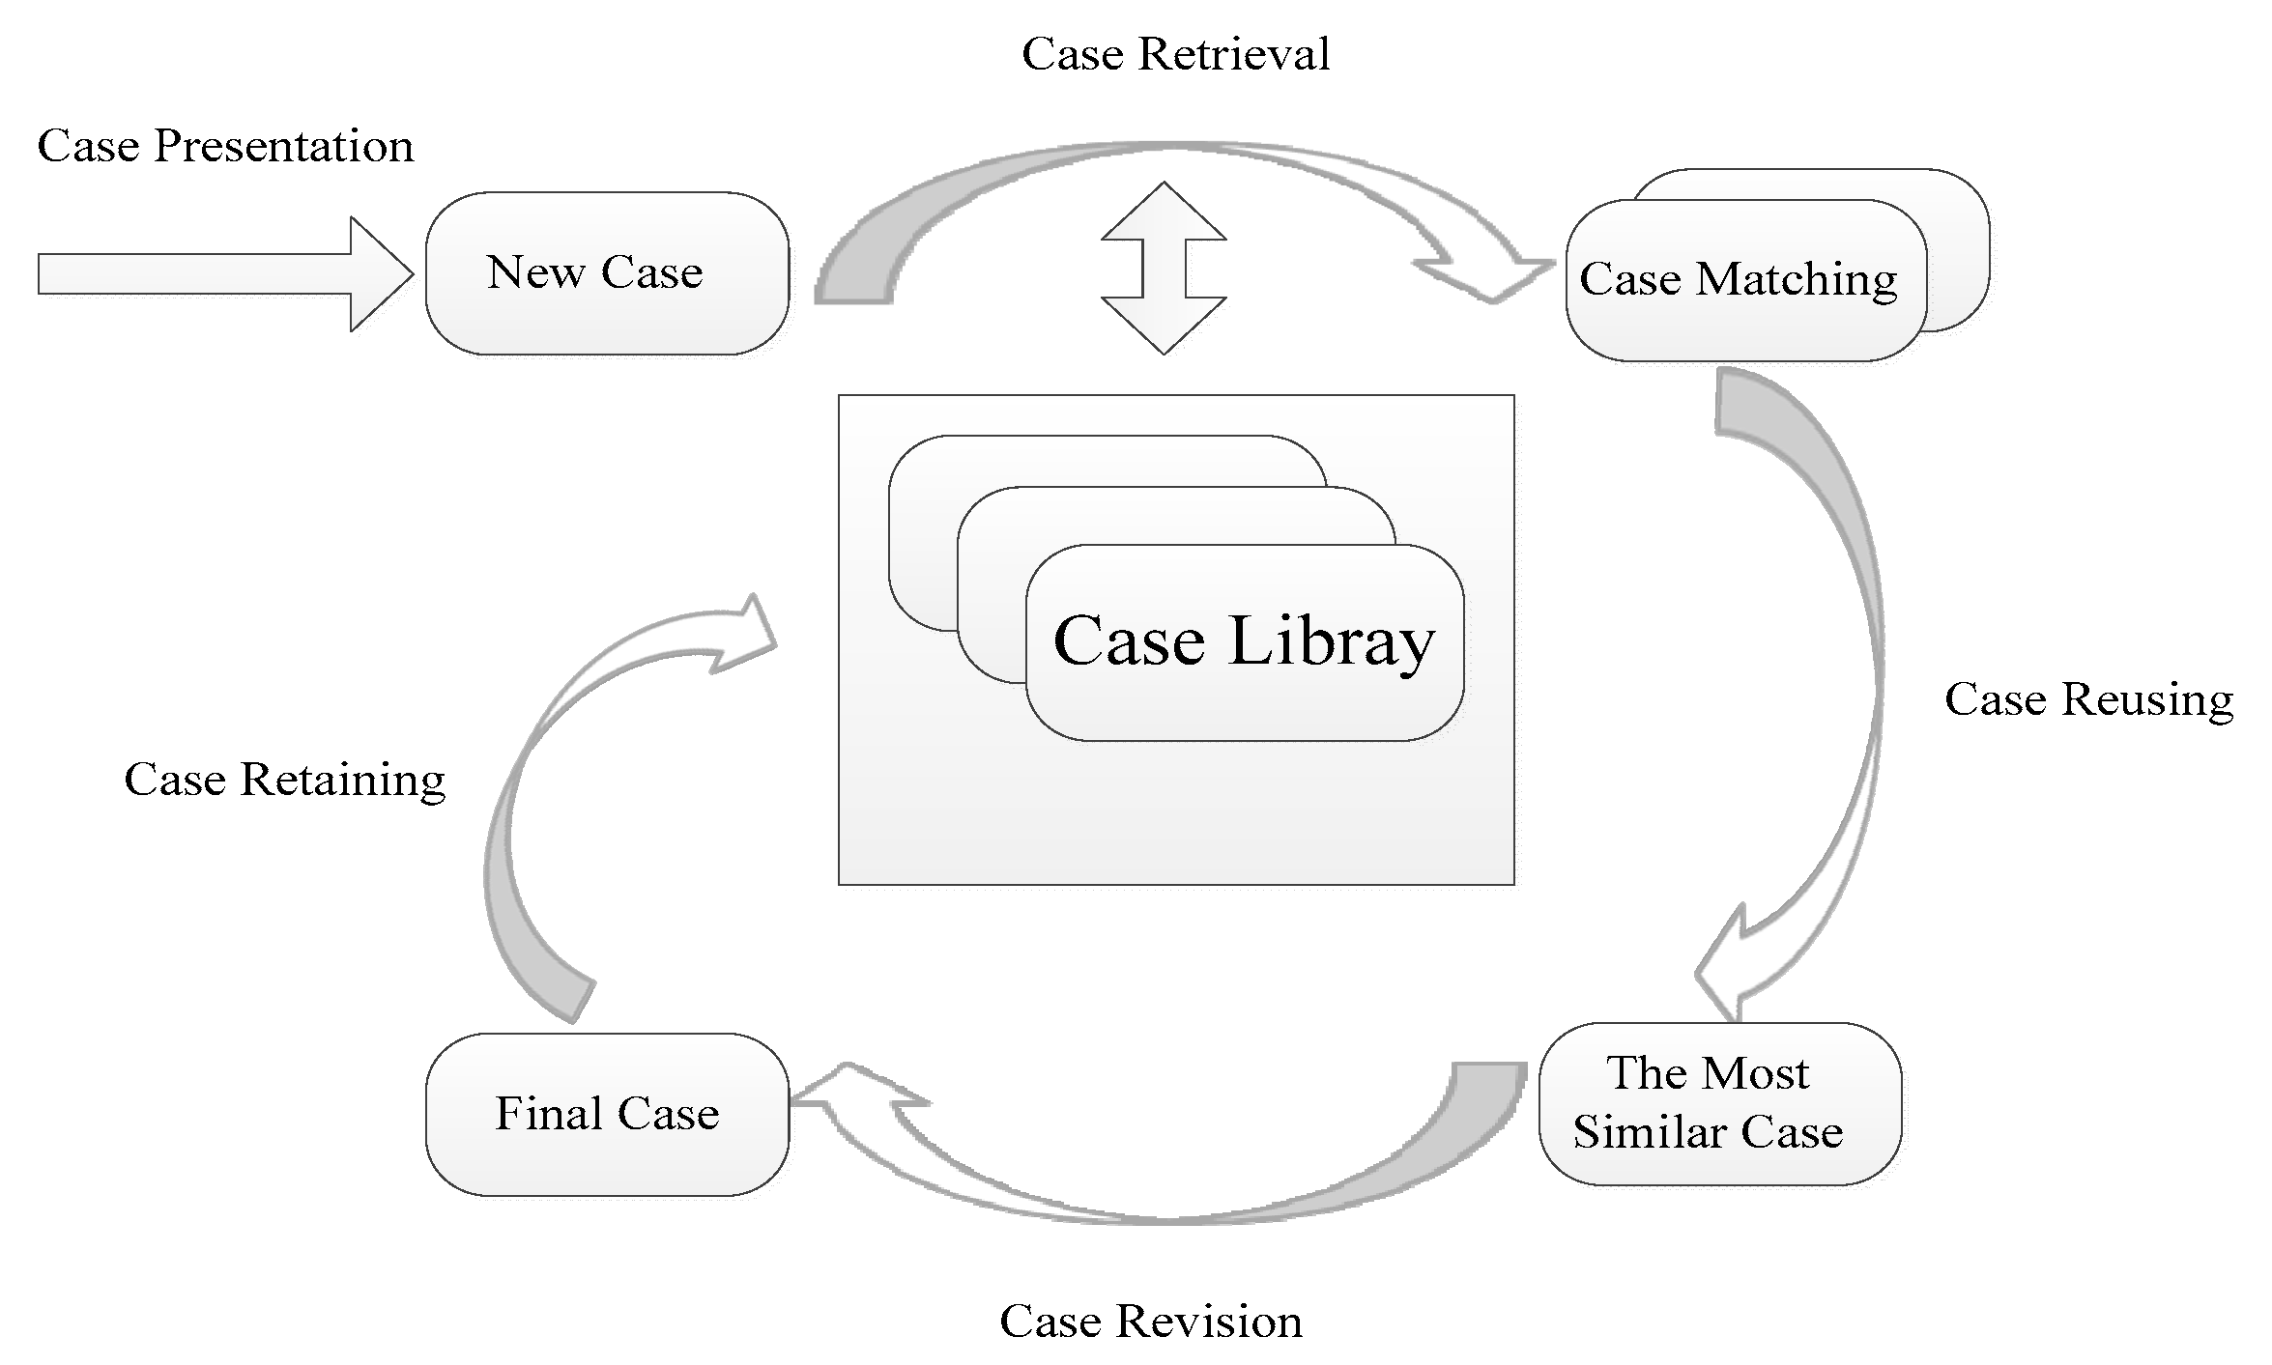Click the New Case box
click(x=607, y=273)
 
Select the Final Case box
click(x=607, y=1114)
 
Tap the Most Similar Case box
click(x=1719, y=1103)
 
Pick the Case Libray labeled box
click(x=1245, y=642)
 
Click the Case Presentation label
click(x=225, y=147)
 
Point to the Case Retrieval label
click(x=1175, y=54)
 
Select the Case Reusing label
click(x=2088, y=699)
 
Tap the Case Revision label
click(x=1150, y=1322)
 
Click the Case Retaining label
click(x=285, y=780)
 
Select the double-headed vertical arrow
click(x=1164, y=268)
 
